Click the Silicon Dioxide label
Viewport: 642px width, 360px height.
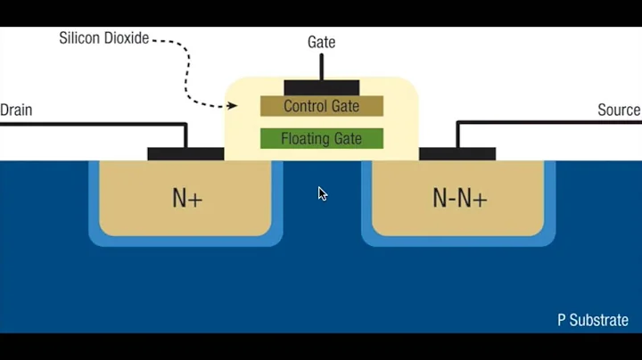[103, 38]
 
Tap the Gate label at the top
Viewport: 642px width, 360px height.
[322, 42]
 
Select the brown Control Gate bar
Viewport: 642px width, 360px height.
[321, 106]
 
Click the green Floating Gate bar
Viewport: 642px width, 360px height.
[321, 138]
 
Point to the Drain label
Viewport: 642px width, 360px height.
[16, 110]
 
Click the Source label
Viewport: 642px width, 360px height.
[619, 110]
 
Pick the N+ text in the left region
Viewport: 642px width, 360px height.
[187, 198]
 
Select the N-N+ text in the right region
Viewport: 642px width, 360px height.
[459, 198]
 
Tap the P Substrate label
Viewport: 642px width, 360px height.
[593, 320]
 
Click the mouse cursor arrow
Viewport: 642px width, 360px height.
[322, 192]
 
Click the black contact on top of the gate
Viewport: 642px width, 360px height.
[321, 87]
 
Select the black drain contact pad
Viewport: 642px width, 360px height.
[185, 153]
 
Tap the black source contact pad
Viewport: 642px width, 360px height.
[457, 153]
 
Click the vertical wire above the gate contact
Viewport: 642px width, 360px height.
[321, 67]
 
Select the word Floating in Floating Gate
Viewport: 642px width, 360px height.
[303, 138]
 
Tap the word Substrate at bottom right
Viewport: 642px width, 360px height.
[599, 320]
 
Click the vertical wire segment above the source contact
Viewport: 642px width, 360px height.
[457, 135]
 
